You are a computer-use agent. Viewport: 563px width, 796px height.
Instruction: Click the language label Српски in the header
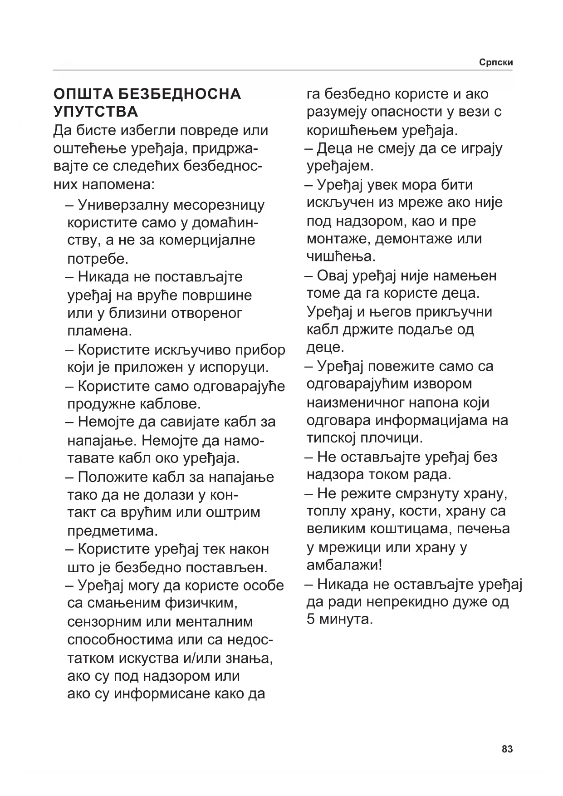point(496,63)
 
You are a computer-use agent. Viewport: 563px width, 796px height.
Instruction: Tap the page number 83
point(507,749)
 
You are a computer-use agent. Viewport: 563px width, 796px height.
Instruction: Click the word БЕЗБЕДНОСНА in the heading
point(179,94)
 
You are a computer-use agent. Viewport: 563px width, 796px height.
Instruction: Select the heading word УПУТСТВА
point(96,112)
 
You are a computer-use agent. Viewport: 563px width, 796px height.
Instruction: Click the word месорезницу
point(220,205)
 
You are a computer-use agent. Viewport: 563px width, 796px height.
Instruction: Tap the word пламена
point(99,330)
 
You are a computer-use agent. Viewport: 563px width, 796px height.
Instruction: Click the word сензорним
point(103,621)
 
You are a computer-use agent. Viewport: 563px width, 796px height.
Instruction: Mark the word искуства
point(147,658)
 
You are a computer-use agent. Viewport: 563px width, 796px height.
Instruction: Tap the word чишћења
point(341,257)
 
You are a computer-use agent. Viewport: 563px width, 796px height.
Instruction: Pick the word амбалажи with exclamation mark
point(344,565)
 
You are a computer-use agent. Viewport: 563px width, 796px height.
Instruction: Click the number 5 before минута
point(311,619)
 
